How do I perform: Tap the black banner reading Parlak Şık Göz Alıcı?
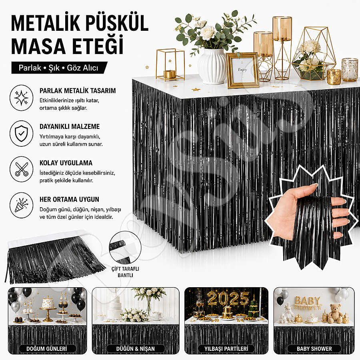pyautogui.click(x=59, y=68)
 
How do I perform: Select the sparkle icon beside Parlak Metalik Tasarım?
pyautogui.click(x=21, y=98)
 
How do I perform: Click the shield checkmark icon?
pyautogui.click(x=21, y=134)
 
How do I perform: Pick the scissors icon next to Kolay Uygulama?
pyautogui.click(x=21, y=170)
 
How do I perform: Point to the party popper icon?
pyautogui.click(x=21, y=205)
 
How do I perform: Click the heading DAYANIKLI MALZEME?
pyautogui.click(x=70, y=126)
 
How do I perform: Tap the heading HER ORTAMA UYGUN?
pyautogui.click(x=69, y=199)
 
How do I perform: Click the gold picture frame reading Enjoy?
pyautogui.click(x=242, y=70)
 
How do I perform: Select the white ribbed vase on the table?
pyautogui.click(x=212, y=66)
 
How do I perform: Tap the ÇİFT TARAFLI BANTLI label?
pyautogui.click(x=125, y=272)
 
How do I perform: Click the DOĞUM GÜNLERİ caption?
pyautogui.click(x=47, y=349)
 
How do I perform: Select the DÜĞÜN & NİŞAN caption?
pyautogui.click(x=136, y=349)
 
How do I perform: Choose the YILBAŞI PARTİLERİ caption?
pyautogui.click(x=226, y=349)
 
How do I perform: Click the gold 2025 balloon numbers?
pyautogui.click(x=228, y=298)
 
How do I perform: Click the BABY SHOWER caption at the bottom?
pyautogui.click(x=314, y=349)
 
